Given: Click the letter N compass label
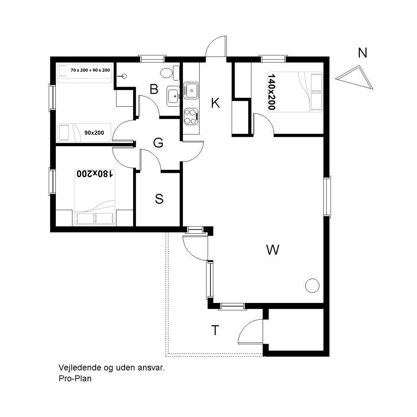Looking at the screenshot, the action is [362, 53].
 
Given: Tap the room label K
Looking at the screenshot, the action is [215, 103].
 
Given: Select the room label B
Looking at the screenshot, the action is [154, 89].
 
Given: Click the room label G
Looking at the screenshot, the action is [158, 143].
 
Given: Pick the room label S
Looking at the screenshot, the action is [159, 199].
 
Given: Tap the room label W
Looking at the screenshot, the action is [272, 250].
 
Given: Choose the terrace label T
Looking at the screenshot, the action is [215, 330].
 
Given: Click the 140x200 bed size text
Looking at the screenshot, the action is [271, 92].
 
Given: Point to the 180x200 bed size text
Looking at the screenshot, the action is [95, 173].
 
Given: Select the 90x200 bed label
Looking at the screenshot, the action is [94, 133].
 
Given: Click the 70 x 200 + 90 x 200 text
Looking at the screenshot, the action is [90, 70].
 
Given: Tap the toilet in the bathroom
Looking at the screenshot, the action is [170, 72].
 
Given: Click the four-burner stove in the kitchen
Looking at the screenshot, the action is [191, 116].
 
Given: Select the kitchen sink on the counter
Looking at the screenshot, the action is [191, 90].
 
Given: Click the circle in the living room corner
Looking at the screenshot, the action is [312, 285].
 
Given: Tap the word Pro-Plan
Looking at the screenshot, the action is [75, 378].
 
